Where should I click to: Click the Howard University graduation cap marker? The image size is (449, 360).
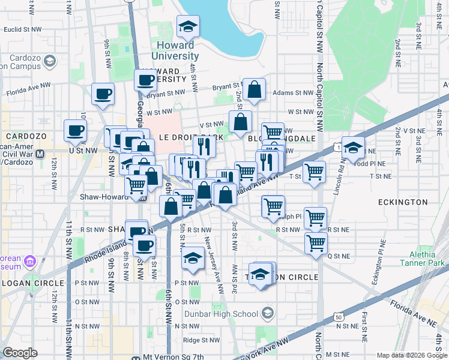(x=188, y=26)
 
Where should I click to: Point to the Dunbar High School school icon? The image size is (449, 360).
(x=267, y=313)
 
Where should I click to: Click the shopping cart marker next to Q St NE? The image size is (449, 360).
(x=316, y=243)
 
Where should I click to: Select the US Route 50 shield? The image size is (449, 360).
(x=339, y=316)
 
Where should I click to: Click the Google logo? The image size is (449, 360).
(x=20, y=353)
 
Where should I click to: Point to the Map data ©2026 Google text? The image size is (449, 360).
(x=411, y=355)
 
